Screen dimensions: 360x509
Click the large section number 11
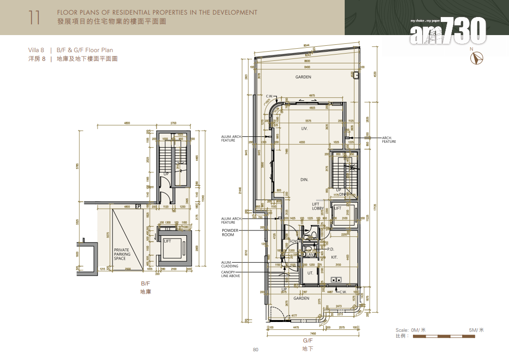click(x=34, y=17)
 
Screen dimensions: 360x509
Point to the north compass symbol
click(x=476, y=58)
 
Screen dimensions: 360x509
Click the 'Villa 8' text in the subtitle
click(x=37, y=50)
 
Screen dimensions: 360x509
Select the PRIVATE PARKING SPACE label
click(x=121, y=254)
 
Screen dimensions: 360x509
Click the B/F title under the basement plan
click(x=145, y=284)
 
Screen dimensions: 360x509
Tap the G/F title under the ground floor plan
click(x=308, y=341)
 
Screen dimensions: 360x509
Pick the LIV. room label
click(x=304, y=129)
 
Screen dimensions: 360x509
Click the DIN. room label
click(x=305, y=180)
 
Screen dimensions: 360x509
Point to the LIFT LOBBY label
click(x=318, y=207)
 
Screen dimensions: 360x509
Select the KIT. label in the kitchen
click(x=334, y=257)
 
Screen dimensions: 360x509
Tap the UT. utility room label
click(x=310, y=273)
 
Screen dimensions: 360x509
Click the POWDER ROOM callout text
click(x=228, y=232)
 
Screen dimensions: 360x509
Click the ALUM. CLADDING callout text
click(x=229, y=265)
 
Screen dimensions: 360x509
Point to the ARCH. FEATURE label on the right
click(x=389, y=140)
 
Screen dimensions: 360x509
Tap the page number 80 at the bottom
click(x=255, y=350)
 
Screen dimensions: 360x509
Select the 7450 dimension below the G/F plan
click(x=313, y=334)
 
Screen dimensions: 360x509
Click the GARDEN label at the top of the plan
click(x=303, y=77)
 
